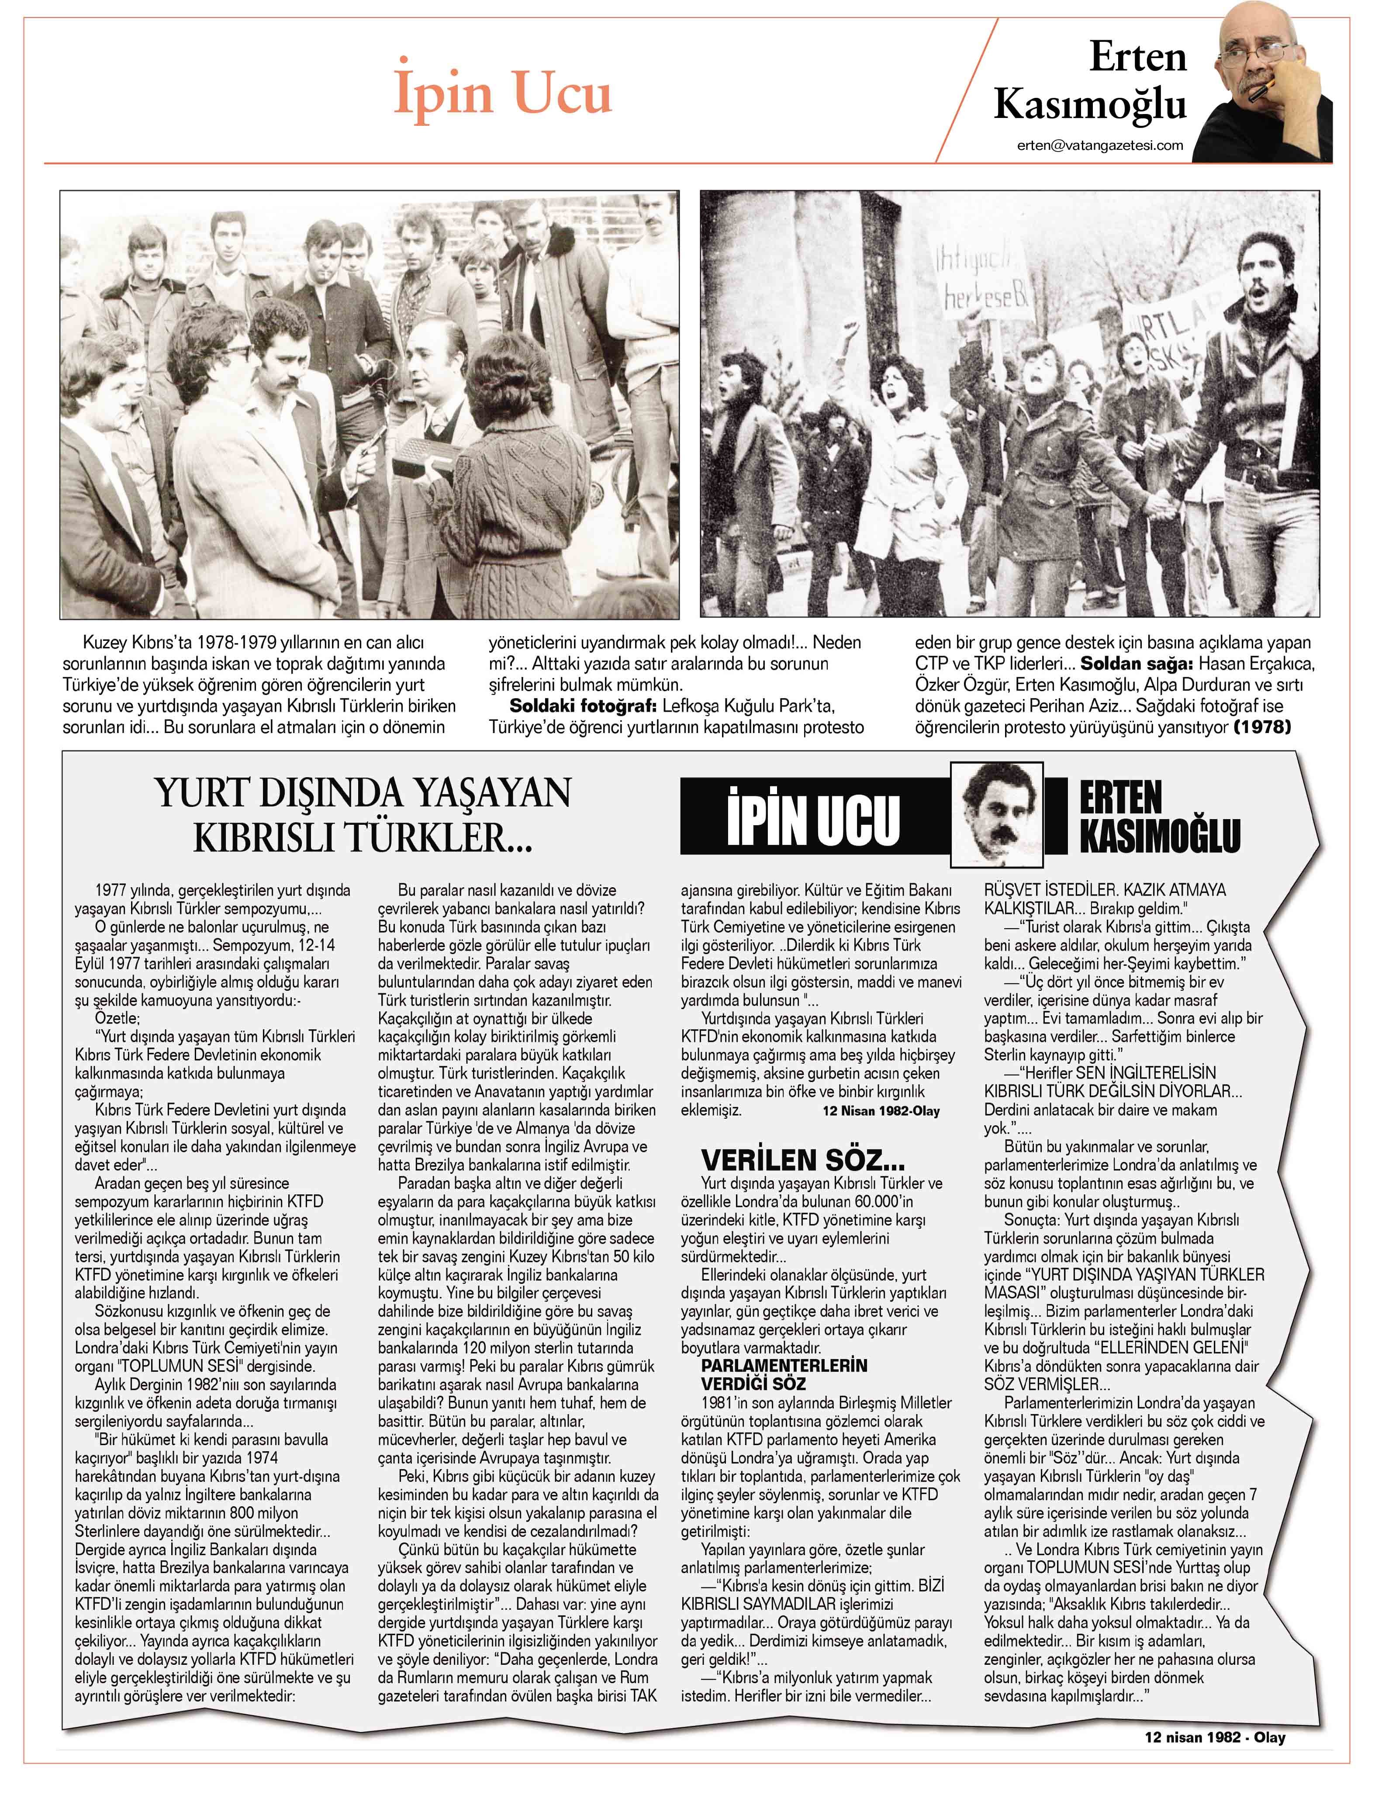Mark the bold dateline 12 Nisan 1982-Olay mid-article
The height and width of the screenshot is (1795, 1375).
881,1111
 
